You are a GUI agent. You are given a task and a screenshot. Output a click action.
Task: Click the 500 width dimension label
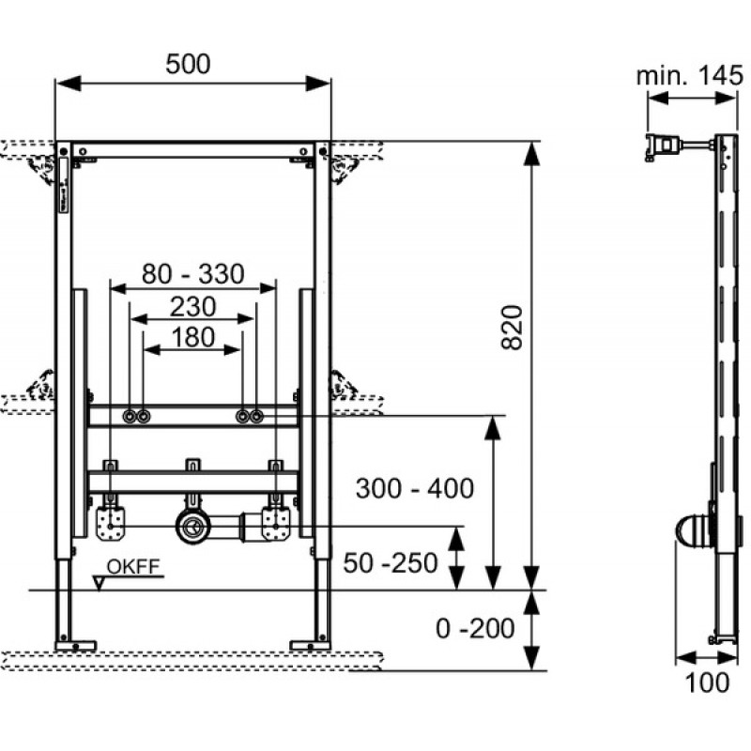tap(188, 64)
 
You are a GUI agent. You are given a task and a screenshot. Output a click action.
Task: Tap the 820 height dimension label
tap(512, 328)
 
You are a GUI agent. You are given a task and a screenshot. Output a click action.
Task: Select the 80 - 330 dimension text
tap(193, 274)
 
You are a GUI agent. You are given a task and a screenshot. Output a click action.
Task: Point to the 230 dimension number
tap(193, 307)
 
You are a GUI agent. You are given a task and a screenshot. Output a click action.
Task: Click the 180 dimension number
tap(193, 337)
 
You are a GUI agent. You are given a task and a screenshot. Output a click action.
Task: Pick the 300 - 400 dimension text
tap(415, 488)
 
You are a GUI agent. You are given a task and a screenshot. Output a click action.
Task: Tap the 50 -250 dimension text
tap(391, 562)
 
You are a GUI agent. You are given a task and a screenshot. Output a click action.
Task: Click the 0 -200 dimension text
tap(475, 628)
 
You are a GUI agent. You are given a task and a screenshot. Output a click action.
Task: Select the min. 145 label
tap(690, 76)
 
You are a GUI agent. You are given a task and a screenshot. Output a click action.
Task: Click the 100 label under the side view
tap(707, 682)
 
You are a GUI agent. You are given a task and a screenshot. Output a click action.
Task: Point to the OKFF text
tap(133, 567)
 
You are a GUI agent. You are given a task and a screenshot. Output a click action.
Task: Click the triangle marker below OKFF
tap(100, 583)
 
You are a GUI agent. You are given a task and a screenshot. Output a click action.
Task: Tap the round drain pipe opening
tap(193, 527)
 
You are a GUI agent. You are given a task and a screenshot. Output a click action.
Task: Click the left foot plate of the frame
tap(76, 646)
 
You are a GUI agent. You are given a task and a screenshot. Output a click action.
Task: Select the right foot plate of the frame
tap(310, 646)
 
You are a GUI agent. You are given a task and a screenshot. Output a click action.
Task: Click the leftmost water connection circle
tap(130, 416)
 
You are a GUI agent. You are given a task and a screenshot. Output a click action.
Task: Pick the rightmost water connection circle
tap(257, 416)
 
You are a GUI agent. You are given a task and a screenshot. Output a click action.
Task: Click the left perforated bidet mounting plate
tap(111, 524)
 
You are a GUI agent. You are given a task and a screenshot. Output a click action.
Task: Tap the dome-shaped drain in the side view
tap(693, 530)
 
